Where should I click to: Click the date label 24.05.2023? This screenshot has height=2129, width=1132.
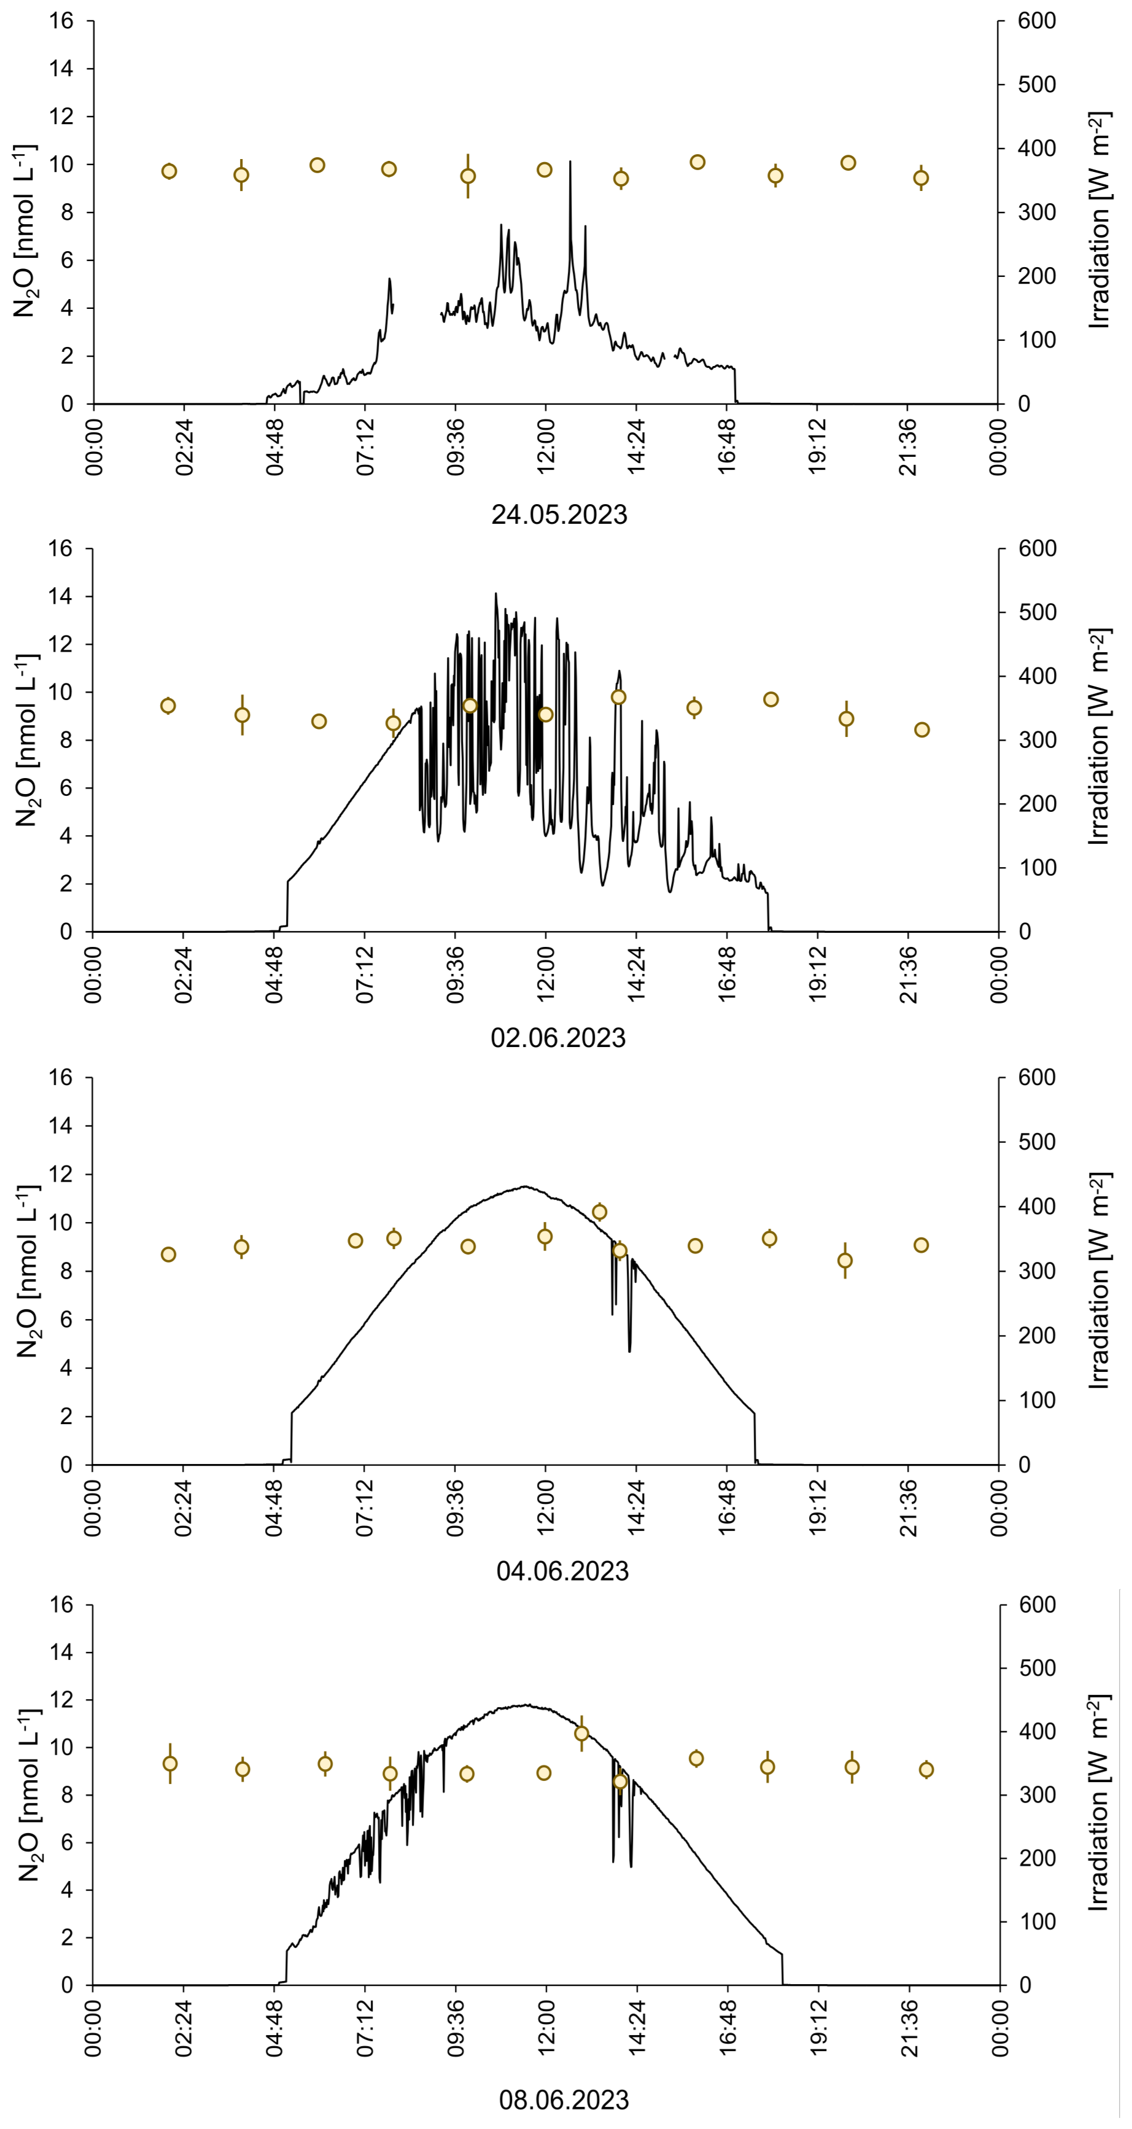click(559, 514)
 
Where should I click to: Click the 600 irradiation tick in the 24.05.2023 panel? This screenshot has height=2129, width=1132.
click(1036, 21)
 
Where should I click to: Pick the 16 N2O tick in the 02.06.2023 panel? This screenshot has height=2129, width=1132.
click(61, 549)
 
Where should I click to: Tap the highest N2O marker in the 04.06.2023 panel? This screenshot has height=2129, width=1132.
click(600, 1212)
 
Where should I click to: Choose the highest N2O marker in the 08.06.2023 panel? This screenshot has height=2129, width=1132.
click(582, 1733)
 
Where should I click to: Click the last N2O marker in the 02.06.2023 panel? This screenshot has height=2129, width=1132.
click(922, 730)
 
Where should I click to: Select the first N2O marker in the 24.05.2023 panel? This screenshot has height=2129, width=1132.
click(169, 171)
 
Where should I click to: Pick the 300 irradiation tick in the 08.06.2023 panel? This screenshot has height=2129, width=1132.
click(1036, 1795)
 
